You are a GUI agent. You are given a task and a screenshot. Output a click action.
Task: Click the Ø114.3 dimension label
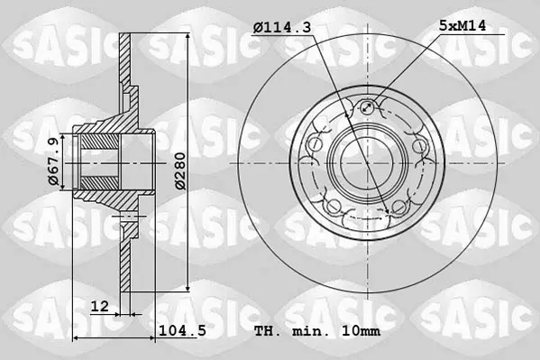tap(281, 27)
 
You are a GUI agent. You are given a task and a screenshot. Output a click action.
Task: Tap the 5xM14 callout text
tap(462, 25)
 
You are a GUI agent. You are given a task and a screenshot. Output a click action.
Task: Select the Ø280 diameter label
tap(180, 171)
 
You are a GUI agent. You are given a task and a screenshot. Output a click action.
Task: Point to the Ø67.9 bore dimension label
tap(53, 162)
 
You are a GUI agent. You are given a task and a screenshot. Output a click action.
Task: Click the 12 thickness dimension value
tap(99, 306)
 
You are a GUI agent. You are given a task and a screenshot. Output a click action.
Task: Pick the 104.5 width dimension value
tap(182, 331)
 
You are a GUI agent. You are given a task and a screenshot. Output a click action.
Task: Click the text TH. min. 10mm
tap(317, 331)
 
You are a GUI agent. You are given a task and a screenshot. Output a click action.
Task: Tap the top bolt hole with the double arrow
tap(368, 107)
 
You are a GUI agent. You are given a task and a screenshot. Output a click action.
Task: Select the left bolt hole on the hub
tap(314, 145)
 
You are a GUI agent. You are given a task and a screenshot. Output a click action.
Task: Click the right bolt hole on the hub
tap(420, 145)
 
